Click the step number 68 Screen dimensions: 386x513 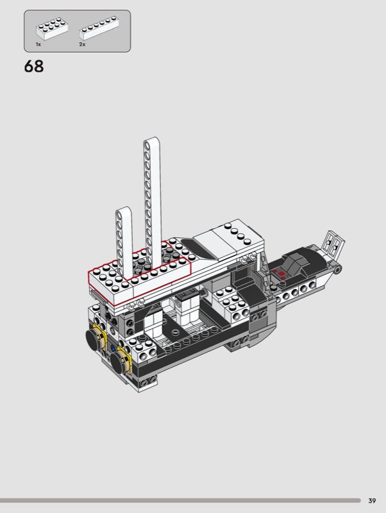pyautogui.click(x=34, y=67)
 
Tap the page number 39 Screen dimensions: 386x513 pyautogui.click(x=372, y=501)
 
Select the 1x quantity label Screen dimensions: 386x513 pyautogui.click(x=38, y=44)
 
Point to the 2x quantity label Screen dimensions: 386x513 pyautogui.click(x=82, y=44)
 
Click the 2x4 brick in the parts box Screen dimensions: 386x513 pyautogui.click(x=52, y=29)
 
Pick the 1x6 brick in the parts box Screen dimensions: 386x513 pyautogui.click(x=99, y=28)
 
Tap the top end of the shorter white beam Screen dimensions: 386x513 pyautogui.click(x=124, y=210)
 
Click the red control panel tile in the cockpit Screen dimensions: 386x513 pyautogui.click(x=280, y=273)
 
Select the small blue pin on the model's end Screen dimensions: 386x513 pyautogui.click(x=113, y=348)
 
